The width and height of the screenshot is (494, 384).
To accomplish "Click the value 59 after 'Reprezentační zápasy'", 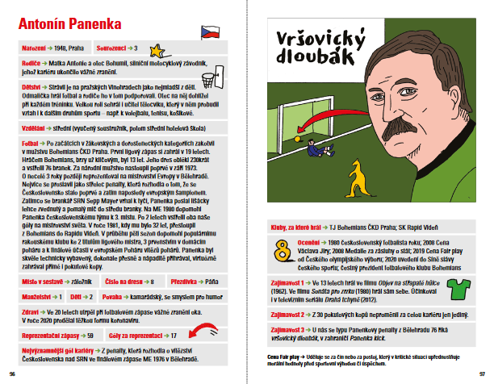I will [90, 334].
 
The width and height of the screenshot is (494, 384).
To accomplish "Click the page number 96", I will [11, 374].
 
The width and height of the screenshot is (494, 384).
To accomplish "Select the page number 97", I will [481, 374].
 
